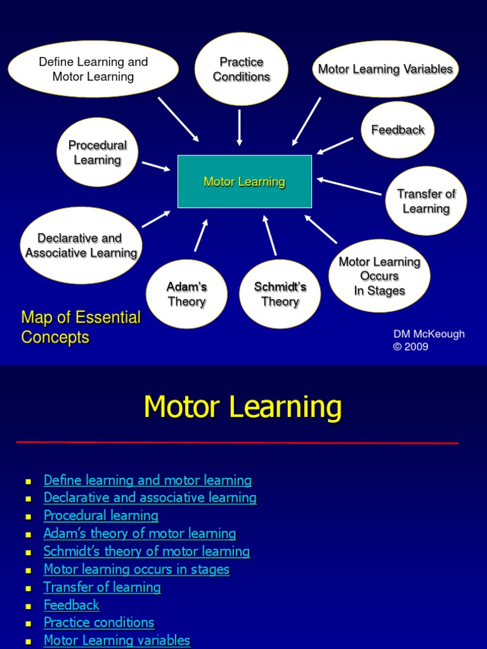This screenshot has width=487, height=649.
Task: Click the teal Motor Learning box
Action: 244,182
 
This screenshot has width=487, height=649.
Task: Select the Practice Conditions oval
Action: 241,69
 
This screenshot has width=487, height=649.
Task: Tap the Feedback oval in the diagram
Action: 398,130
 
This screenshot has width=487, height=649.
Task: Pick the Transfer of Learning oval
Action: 426,201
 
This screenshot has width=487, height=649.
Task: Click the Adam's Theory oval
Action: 186,294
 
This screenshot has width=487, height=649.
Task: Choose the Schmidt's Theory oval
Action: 280,294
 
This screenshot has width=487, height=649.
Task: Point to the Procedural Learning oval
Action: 97,152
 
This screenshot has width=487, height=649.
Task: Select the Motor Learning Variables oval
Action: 385,69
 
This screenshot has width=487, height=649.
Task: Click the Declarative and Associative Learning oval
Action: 81,245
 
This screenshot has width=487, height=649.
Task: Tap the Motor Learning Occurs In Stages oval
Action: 379,276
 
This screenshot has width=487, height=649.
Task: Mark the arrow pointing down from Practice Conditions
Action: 240,127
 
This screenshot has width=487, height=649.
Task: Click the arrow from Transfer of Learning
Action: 349,186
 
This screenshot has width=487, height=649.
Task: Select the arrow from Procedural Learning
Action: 156,166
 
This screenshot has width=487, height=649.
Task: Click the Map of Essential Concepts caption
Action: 81,327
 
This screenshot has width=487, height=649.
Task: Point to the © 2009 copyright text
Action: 411,347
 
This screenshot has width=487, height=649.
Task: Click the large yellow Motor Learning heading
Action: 243,407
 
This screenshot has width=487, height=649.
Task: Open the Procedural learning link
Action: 101,515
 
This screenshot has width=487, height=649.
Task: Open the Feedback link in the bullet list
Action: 71,605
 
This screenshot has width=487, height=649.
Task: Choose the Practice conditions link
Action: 99,622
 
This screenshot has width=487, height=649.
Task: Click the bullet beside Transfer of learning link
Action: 28,588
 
